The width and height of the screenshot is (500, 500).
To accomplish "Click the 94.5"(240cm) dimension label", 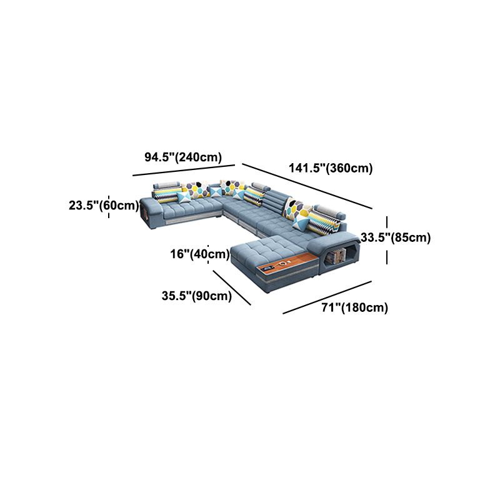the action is click(183, 157).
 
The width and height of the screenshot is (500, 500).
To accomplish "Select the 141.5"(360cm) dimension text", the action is click(331, 167).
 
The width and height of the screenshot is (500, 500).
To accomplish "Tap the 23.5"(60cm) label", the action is click(104, 206).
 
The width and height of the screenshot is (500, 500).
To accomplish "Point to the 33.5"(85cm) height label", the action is click(396, 237).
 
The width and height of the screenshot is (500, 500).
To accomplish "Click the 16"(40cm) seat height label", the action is click(200, 254).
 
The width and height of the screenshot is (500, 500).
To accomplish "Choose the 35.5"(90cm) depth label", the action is click(197, 296).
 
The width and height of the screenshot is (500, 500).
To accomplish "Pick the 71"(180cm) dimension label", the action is click(354, 307).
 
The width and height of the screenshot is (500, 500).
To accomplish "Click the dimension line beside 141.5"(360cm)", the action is click(307, 186).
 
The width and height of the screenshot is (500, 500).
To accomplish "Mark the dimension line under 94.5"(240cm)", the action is click(184, 170).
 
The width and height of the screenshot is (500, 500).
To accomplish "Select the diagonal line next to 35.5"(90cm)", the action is click(232, 287).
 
